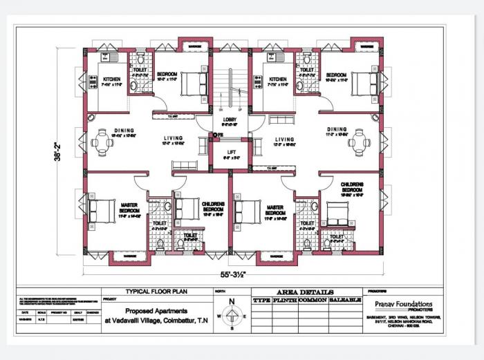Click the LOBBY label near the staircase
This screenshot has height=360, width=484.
point(230,119)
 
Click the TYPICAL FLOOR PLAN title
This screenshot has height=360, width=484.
point(147,292)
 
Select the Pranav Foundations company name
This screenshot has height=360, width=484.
point(405,304)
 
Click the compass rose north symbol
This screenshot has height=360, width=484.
point(232,315)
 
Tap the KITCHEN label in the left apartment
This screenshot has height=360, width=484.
point(112,79)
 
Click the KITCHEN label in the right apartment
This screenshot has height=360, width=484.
point(279,79)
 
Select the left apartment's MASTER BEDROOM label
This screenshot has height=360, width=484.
point(129,207)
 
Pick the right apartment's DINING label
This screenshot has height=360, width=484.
point(337,129)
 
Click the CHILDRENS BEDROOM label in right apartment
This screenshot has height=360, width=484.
point(351,187)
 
